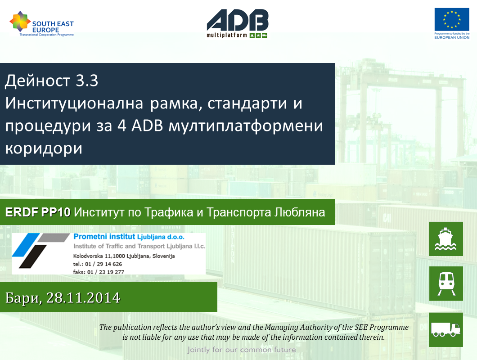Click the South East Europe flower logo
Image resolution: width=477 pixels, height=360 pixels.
coord(20,21)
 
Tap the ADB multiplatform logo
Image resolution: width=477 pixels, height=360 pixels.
coord(237,23)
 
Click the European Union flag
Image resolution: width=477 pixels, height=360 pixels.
coord(452,19)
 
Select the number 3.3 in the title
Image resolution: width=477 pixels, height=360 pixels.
coord(87,81)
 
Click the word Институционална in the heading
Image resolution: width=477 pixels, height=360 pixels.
coord(74,103)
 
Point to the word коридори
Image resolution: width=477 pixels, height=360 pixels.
coord(44,148)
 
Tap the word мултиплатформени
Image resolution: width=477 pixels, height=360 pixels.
coord(246,126)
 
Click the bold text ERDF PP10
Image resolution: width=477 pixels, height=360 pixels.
coord(38,212)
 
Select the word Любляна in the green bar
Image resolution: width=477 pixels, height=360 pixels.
coord(299,212)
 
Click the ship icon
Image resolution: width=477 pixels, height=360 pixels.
coord(445,239)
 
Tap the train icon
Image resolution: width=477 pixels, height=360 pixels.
coord(446,283)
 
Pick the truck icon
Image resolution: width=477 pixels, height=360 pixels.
coord(445,329)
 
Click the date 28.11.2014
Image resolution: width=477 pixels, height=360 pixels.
coord(83,297)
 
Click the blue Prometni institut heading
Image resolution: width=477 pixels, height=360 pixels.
coord(129,237)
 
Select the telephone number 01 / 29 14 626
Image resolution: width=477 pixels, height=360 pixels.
coord(103,264)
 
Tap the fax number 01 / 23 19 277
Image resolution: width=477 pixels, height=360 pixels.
coord(106,272)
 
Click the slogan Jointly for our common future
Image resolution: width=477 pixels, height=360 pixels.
coord(242,350)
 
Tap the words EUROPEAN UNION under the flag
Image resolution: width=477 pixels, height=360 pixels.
coord(452,37)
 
